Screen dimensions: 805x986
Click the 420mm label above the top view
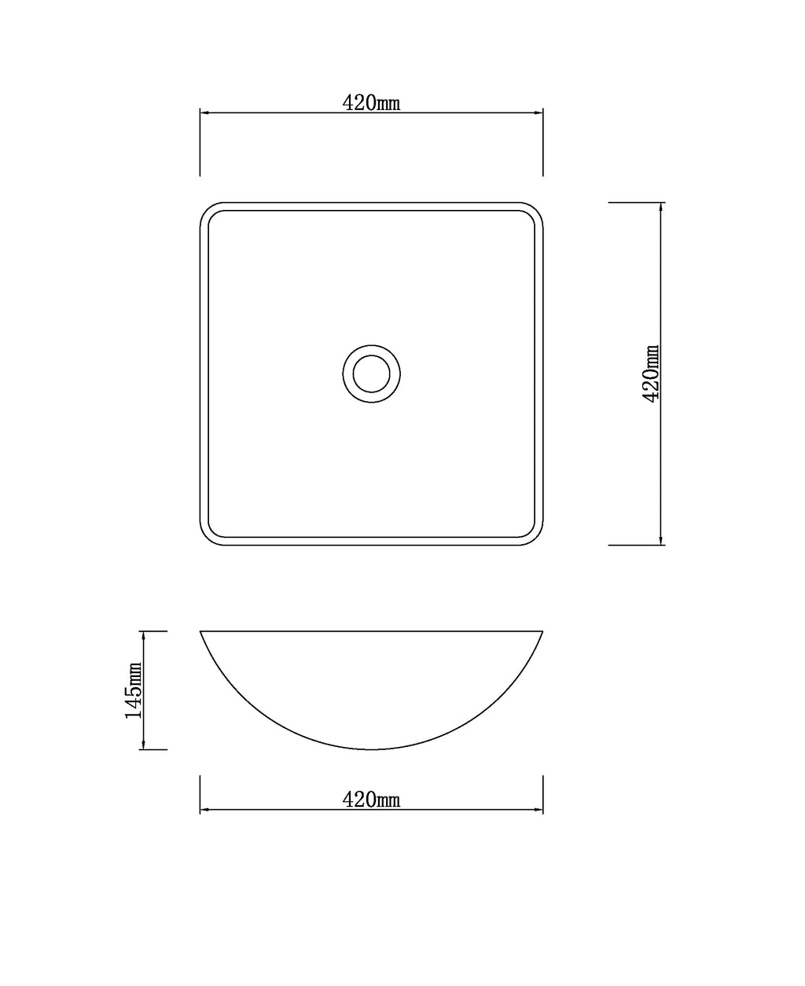coord(371,103)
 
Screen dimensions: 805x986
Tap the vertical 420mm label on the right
coord(650,373)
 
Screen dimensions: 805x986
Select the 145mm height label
coord(134,697)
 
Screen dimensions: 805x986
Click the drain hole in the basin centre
coord(371,374)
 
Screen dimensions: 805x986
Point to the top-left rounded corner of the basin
coord(206,209)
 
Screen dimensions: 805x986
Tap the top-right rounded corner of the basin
coord(536,209)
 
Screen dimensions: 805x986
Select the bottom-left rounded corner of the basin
coord(206,539)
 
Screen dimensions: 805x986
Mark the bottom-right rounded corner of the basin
coord(536,539)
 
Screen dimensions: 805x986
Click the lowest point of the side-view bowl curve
coord(371,749)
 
